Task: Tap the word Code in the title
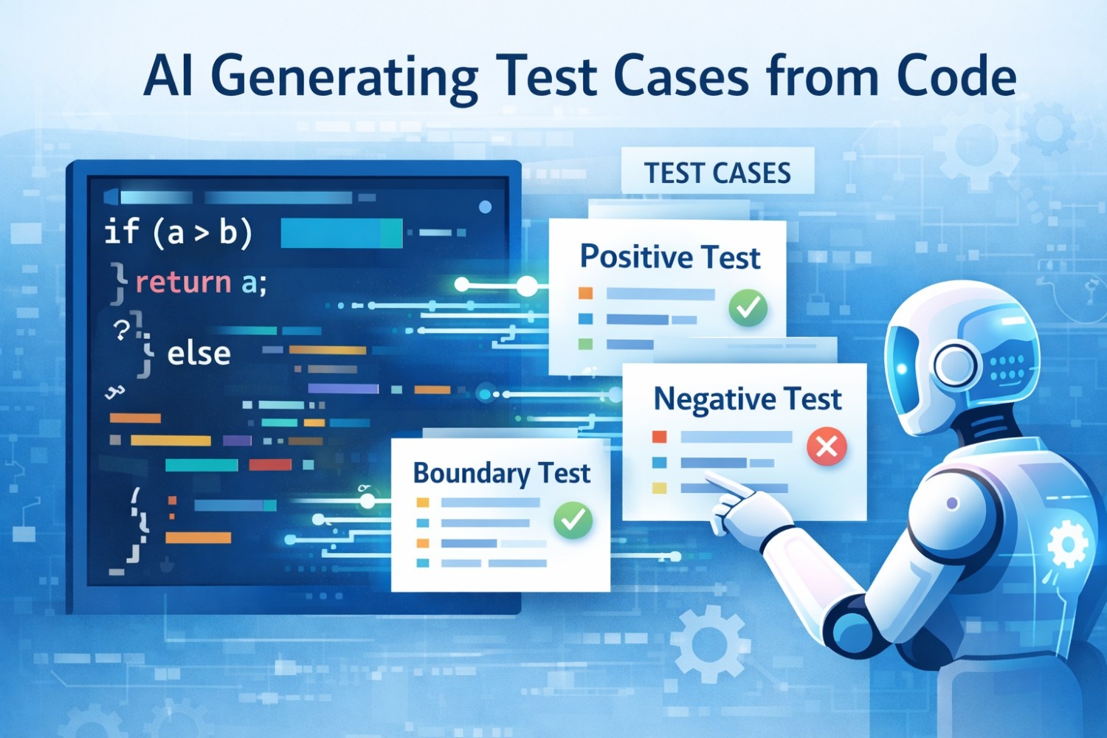[956, 76]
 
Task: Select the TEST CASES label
[717, 173]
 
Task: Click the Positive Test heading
[669, 257]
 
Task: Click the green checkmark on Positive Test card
[748, 308]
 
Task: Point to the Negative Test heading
[747, 399]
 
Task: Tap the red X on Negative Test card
[827, 446]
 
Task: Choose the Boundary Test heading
[501, 473]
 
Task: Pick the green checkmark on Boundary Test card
[573, 520]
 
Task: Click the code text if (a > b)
[179, 232]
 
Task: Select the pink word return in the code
[183, 282]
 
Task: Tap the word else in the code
[199, 354]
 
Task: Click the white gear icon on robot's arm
[1067, 545]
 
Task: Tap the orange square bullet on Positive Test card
[585, 294]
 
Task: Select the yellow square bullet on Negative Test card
[659, 488]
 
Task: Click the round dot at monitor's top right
[485, 207]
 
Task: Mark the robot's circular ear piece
[955, 365]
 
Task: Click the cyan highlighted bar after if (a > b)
[341, 233]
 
